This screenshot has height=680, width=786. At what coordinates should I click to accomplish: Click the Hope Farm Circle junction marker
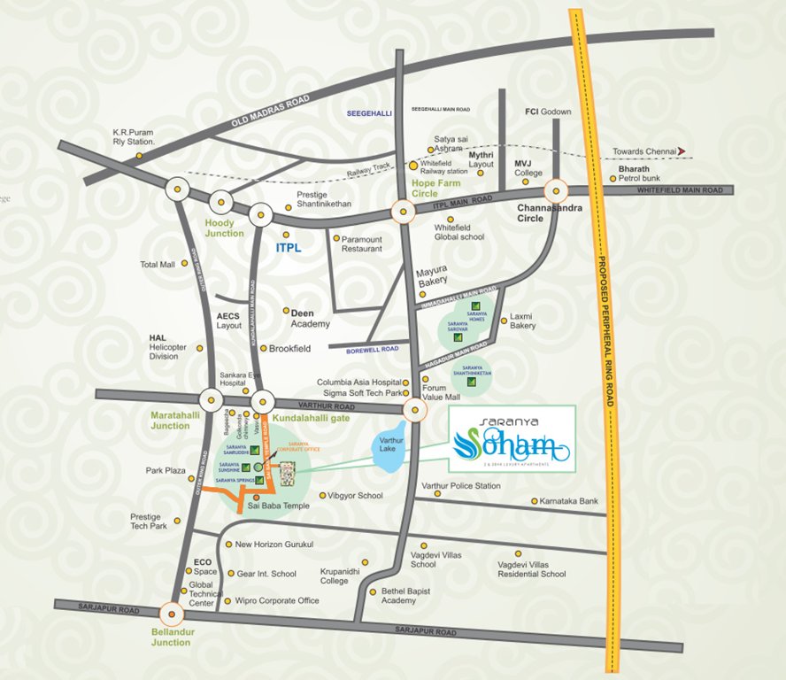(x=403, y=212)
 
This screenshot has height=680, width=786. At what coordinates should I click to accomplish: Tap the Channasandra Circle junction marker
(x=556, y=190)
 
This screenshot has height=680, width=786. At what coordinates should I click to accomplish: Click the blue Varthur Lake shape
(x=388, y=447)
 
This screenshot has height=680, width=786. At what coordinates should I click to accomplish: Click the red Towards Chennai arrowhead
(x=682, y=151)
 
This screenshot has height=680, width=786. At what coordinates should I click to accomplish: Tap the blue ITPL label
(x=289, y=248)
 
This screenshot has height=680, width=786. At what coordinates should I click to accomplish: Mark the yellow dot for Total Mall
(x=184, y=263)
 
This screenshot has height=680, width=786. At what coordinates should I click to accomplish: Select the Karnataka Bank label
(x=570, y=501)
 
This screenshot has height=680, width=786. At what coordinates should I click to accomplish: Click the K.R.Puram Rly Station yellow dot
(x=140, y=157)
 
